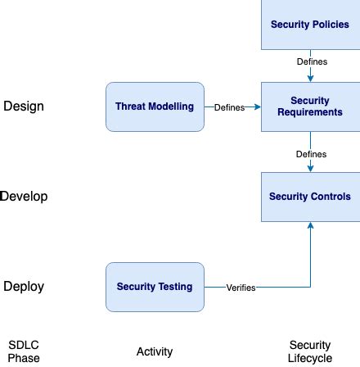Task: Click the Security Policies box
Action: coord(309,25)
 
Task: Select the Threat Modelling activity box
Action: coord(155,106)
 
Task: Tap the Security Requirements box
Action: coord(309,106)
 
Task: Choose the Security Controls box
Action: coord(309,197)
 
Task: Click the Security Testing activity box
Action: coord(155,287)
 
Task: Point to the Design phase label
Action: coord(24,106)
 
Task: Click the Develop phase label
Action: coord(24,197)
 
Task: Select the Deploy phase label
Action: coord(24,287)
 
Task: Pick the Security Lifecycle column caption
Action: coord(309,351)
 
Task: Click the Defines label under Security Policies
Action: coord(310,62)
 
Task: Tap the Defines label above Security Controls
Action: coord(310,153)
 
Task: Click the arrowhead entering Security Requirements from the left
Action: coord(258,107)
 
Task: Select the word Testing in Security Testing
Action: coord(177,287)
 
